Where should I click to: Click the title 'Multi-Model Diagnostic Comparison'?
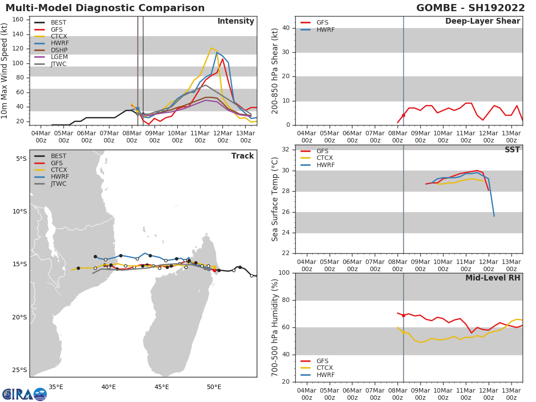(x=105, y=8)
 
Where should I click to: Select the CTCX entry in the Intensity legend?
(x=59, y=36)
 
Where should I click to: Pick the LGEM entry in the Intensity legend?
(x=59, y=57)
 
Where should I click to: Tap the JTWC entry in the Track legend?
(x=59, y=184)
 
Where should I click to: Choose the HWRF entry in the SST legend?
(x=325, y=165)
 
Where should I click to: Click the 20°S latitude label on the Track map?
(x=19, y=317)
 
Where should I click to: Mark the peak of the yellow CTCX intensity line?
(x=211, y=48)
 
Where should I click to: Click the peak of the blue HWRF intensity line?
(x=217, y=52)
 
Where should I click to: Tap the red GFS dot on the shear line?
(x=403, y=115)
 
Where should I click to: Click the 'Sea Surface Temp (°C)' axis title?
(x=275, y=199)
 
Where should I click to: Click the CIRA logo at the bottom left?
(x=25, y=394)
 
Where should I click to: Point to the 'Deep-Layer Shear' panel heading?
(x=482, y=21)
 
